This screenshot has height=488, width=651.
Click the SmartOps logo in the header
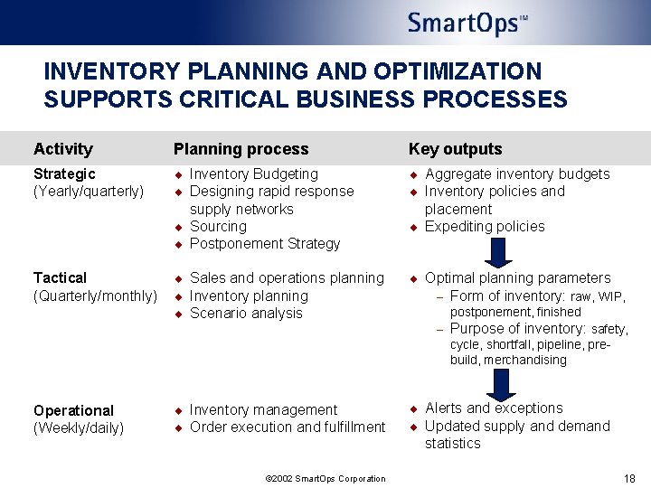click(x=467, y=23)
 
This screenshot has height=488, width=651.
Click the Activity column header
click(x=62, y=149)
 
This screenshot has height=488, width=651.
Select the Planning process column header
click(x=241, y=149)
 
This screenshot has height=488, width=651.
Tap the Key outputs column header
click(x=455, y=149)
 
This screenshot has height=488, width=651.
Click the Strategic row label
click(x=64, y=174)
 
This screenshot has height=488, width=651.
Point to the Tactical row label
click(x=60, y=278)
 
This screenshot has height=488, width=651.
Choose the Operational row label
click(x=73, y=410)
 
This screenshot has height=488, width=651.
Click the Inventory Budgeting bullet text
click(x=254, y=174)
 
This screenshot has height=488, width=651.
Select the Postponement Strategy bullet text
click(x=265, y=244)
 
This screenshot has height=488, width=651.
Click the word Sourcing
click(x=218, y=227)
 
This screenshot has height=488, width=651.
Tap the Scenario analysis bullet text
click(x=246, y=314)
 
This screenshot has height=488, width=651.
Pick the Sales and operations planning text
click(x=287, y=278)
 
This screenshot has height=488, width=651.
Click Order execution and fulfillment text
click(x=288, y=427)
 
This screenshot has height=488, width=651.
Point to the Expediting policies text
click(x=485, y=227)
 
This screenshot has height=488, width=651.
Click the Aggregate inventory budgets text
click(x=517, y=174)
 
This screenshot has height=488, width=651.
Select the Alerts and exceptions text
click(x=494, y=408)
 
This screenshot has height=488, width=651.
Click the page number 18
click(x=629, y=478)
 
